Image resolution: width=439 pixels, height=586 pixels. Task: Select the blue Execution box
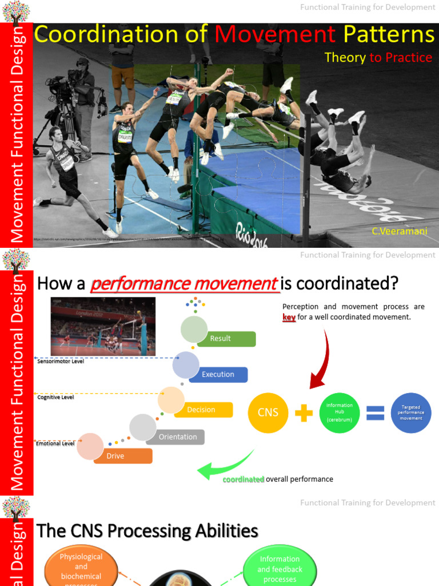point(218,375)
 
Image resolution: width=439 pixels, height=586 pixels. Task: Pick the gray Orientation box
point(177,437)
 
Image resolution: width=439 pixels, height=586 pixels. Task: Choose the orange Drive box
point(123,456)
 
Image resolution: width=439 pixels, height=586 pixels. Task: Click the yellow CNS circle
point(268,413)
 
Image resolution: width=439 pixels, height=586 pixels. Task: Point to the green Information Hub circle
point(340,413)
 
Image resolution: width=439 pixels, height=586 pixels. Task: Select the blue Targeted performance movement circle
point(411,413)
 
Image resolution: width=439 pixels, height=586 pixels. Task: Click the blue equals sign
point(375,413)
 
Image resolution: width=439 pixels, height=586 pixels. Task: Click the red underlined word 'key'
point(289,317)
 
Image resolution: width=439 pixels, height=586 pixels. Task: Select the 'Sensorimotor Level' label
point(61,362)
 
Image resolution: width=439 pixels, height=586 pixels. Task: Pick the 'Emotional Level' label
point(55,444)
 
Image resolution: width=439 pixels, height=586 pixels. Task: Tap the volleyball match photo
point(103,326)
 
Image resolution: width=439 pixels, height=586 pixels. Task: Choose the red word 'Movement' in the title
point(276,35)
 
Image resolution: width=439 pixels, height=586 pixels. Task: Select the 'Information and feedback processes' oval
point(280,569)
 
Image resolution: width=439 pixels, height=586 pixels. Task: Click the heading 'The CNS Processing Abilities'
point(147,531)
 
